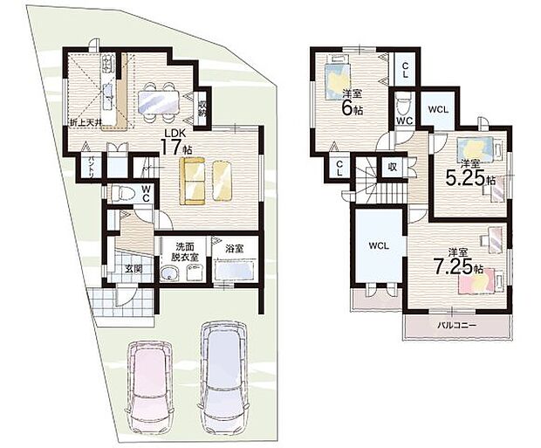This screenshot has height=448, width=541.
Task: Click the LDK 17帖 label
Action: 175,141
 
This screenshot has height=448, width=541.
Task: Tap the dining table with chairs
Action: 158,100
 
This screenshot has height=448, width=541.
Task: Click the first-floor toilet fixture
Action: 119,194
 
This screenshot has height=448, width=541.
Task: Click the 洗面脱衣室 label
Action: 184,252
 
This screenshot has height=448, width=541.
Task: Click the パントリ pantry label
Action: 88,164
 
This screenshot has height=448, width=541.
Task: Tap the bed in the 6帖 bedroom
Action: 337,79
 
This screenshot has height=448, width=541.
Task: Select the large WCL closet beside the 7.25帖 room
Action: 377,247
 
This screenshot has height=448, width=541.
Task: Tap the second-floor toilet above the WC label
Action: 403,104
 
